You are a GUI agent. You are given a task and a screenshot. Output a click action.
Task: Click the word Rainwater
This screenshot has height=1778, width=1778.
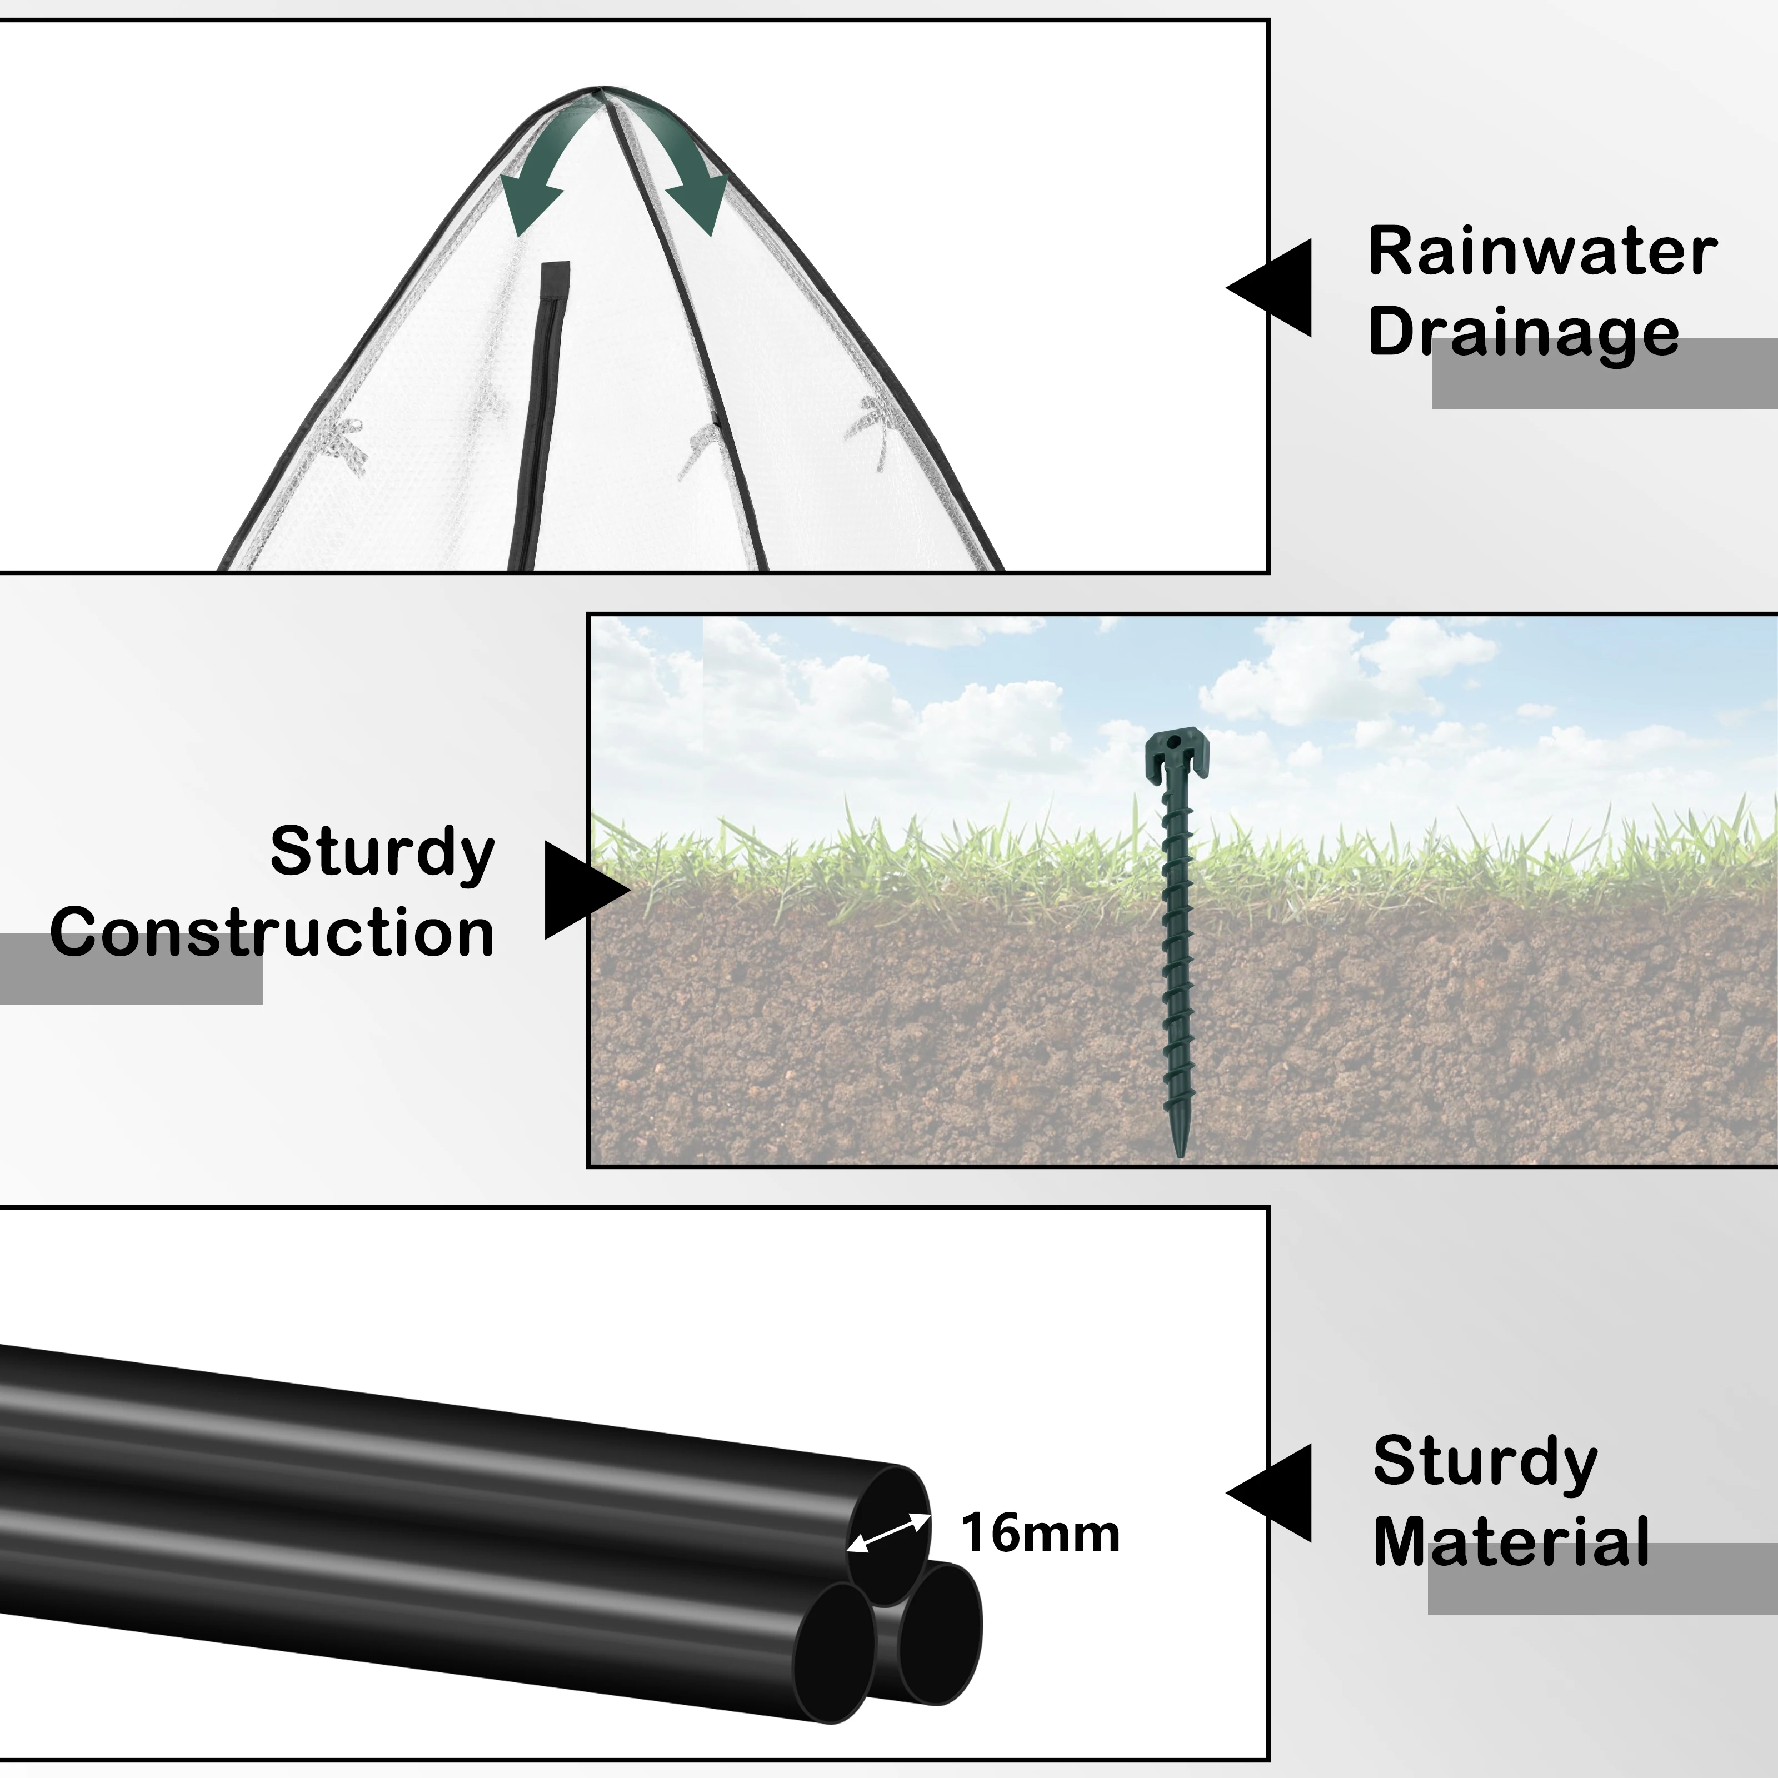[x=1542, y=251]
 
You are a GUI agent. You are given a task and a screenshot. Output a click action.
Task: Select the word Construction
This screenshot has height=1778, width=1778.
[x=272, y=932]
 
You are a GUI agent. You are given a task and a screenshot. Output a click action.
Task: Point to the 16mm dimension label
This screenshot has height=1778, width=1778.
[x=1040, y=1533]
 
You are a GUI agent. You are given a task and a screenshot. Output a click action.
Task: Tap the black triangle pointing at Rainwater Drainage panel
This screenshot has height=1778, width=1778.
[x=1270, y=288]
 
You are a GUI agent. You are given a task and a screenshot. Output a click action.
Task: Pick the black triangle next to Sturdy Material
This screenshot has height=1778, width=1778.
[x=1270, y=1493]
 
